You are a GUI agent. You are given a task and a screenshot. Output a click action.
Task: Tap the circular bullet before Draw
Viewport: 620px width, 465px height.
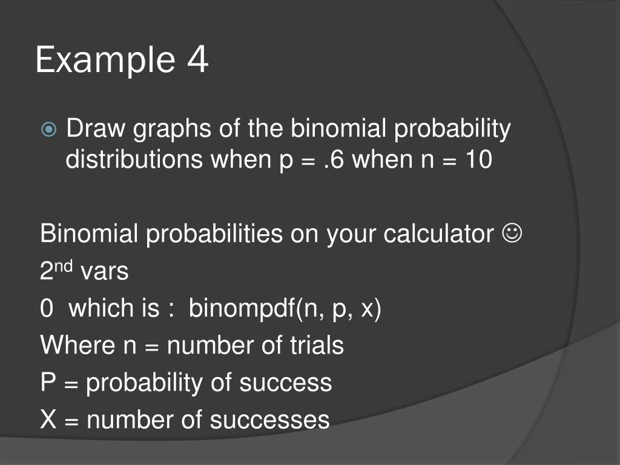click(50, 130)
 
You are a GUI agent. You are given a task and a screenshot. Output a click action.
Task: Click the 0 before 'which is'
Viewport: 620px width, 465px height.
click(47, 309)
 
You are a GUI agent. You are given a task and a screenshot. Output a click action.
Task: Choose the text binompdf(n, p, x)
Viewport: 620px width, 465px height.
click(285, 309)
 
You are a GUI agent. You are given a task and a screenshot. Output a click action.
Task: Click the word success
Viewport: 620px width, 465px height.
click(285, 383)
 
